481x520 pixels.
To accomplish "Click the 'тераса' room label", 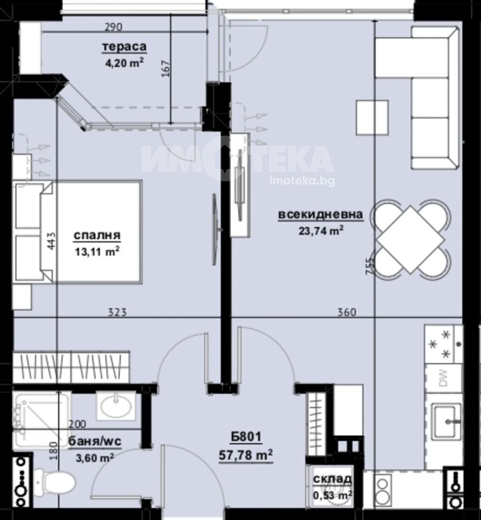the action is pos(124,47).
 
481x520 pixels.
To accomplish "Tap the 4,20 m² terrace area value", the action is pos(124,62).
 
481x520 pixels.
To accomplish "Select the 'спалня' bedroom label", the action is pos(97,235).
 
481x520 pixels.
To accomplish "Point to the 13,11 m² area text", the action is pos(97,252).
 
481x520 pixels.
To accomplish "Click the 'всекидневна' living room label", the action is pos(320,214).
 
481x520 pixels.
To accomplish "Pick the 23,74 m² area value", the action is pos(321,230).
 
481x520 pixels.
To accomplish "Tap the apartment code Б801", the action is pos(246,437).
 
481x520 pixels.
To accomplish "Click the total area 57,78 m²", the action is pos(246,455).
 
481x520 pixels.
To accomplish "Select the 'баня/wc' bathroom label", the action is pos(95,441).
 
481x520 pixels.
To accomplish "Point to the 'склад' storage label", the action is pos(332,479).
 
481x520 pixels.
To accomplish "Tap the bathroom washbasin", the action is pos(116,406).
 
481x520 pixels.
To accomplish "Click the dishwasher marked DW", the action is pos(443,378).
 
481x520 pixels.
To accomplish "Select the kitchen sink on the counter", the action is pos(446,421).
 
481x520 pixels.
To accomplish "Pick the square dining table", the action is pos(411,239).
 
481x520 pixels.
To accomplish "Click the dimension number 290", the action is pos(114,27).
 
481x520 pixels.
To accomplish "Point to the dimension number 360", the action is pos(346,312).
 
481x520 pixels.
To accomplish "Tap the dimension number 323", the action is pos(117,312).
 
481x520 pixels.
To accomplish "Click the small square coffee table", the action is pos(372,118).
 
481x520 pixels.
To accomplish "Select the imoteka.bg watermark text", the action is pos(302,181).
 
